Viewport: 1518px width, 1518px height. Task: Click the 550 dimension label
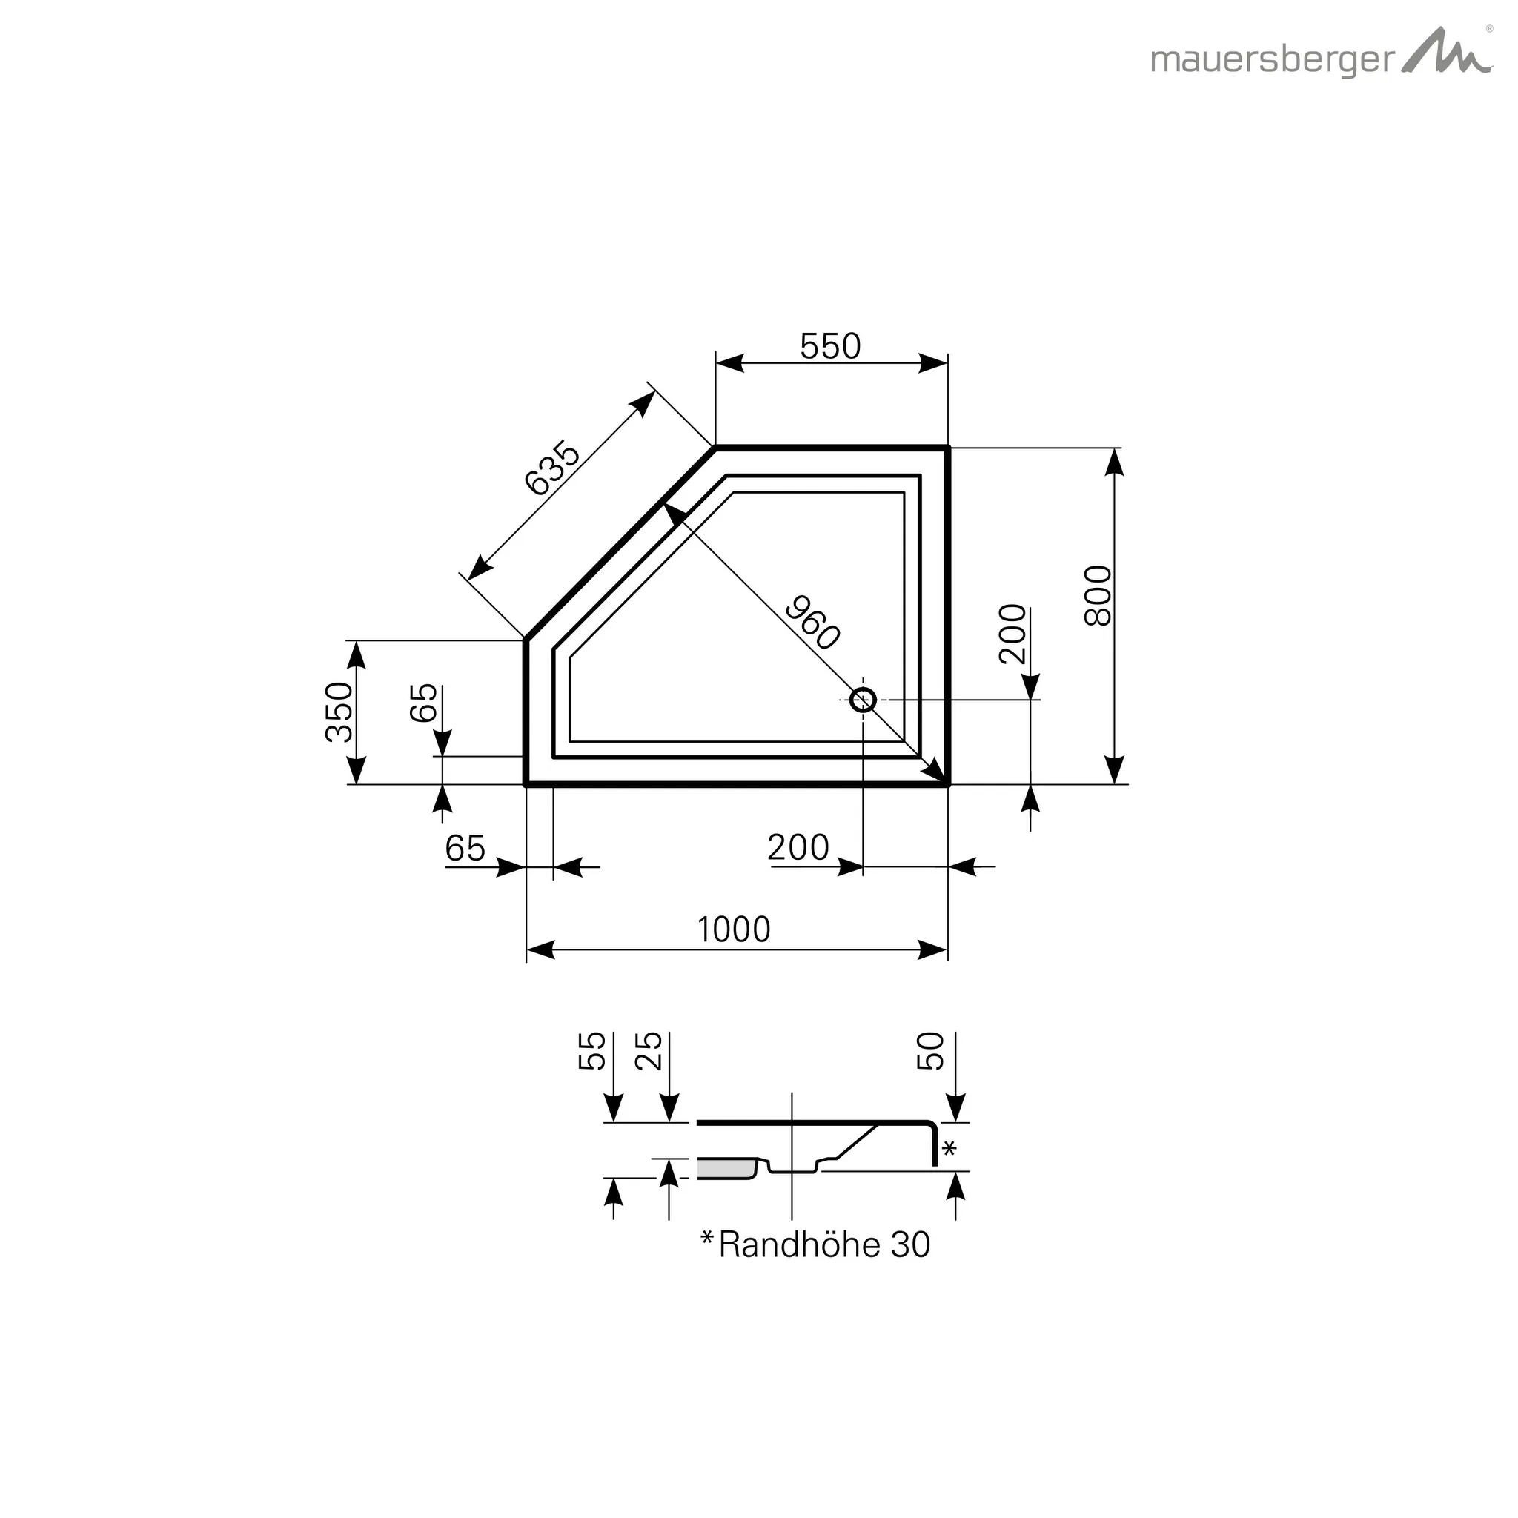click(829, 345)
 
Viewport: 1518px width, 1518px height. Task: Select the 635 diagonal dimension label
click(551, 468)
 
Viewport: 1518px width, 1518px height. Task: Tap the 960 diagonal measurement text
click(812, 623)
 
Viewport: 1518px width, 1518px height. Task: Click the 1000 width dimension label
click(733, 929)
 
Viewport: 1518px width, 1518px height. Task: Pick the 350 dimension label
click(339, 712)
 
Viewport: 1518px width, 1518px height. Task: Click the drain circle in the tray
click(863, 698)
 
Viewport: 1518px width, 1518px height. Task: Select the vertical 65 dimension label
click(424, 702)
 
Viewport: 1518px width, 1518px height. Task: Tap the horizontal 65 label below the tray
click(465, 848)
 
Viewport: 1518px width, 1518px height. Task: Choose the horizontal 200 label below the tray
click(798, 847)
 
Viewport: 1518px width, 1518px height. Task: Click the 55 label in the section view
click(592, 1051)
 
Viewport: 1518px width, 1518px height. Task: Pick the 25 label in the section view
click(649, 1051)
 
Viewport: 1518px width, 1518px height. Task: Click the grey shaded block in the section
click(725, 1168)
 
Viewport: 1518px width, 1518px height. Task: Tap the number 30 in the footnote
click(910, 1244)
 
